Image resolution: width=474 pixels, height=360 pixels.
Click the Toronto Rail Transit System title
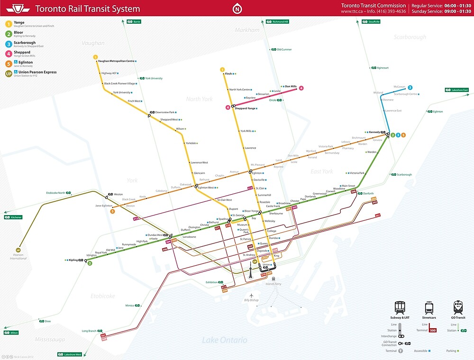[88, 9]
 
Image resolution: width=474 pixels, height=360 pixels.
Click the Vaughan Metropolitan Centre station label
[116, 61]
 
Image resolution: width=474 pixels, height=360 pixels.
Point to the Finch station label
[228, 74]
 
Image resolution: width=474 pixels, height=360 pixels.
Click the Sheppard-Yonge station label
[245, 108]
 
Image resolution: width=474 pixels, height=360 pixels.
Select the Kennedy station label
[374, 132]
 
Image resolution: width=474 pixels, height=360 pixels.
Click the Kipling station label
[73, 260]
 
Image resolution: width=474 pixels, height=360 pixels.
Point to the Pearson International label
[18, 257]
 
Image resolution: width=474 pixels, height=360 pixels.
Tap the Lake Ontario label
[225, 340]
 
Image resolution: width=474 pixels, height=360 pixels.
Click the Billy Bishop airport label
[251, 300]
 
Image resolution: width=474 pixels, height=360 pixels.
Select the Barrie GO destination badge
[134, 21]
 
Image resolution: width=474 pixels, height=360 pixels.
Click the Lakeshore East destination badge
[456, 90]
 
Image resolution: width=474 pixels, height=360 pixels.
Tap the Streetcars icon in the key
[428, 307]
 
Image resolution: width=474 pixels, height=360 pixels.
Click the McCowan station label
[400, 87]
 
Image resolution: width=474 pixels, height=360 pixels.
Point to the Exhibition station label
[211, 282]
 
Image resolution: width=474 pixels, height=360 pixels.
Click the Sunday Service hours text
[441, 11]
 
